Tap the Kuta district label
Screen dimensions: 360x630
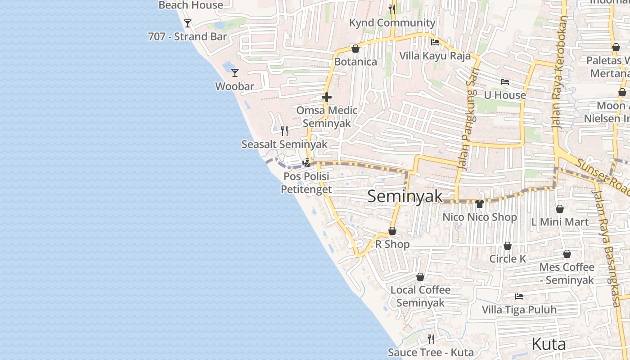(549, 344)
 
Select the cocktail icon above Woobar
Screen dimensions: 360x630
(234, 72)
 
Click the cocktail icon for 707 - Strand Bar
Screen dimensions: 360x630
(188, 23)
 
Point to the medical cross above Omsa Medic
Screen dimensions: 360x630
(327, 97)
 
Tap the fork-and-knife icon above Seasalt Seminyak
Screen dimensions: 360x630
(284, 131)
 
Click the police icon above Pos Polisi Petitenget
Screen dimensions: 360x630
(306, 163)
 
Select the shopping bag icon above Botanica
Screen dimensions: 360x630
(355, 49)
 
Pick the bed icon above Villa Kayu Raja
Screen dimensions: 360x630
(435, 42)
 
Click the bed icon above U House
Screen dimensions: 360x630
(505, 82)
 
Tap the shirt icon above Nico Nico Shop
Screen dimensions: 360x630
(480, 204)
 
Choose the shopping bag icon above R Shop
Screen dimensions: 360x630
(392, 231)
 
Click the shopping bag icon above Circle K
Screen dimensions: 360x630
(508, 246)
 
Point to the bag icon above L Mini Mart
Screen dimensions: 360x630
(560, 209)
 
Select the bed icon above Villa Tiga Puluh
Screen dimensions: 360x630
(519, 297)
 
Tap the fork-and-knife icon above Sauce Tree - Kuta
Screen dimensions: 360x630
(431, 339)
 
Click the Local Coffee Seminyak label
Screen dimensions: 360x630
(420, 296)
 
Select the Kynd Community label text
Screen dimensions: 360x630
(392, 22)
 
